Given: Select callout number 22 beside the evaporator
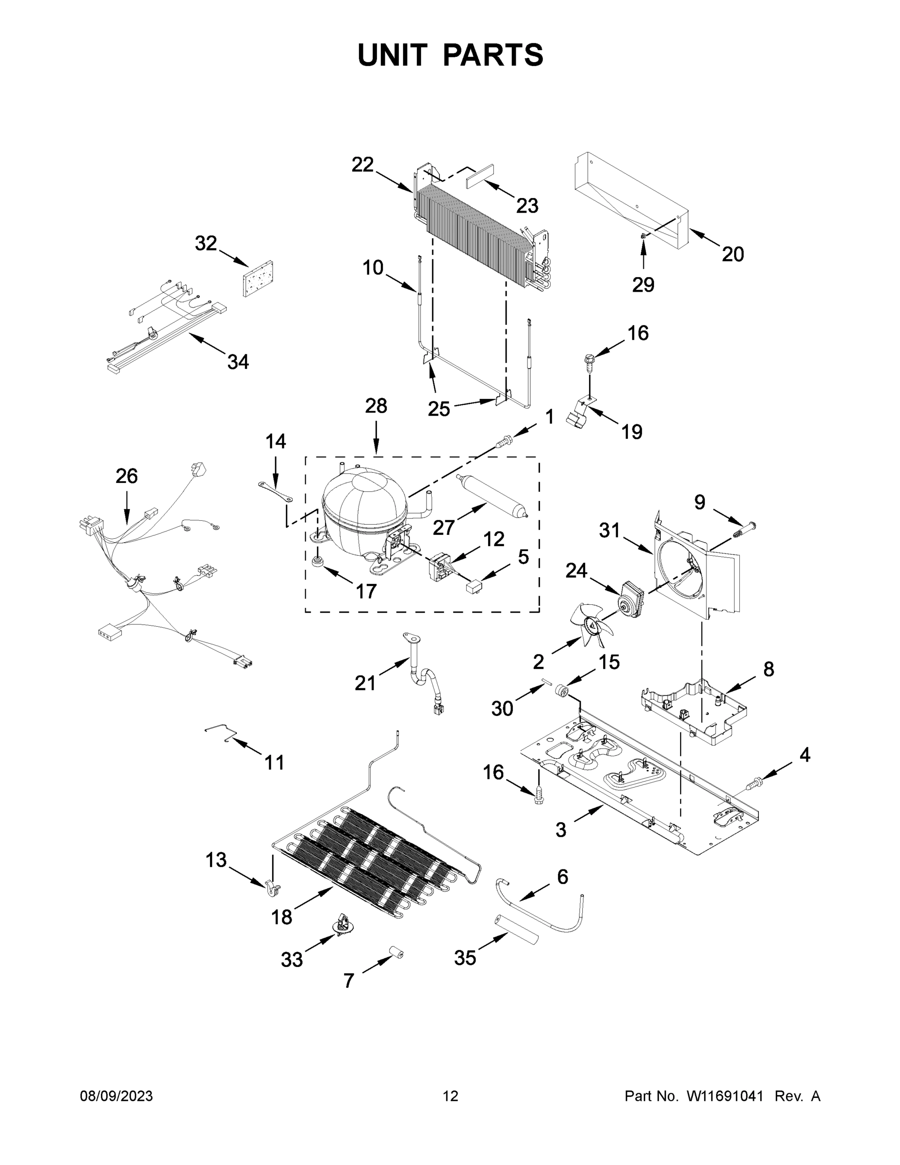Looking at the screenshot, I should click(362, 165).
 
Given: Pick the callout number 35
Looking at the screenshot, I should click(465, 958).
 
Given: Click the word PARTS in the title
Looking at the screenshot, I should click(493, 55).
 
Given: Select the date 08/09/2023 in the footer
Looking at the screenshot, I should click(116, 1096).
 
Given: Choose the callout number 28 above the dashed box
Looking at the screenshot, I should click(376, 406).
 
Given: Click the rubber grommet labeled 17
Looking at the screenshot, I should click(318, 561).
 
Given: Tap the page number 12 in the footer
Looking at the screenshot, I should click(450, 1096).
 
